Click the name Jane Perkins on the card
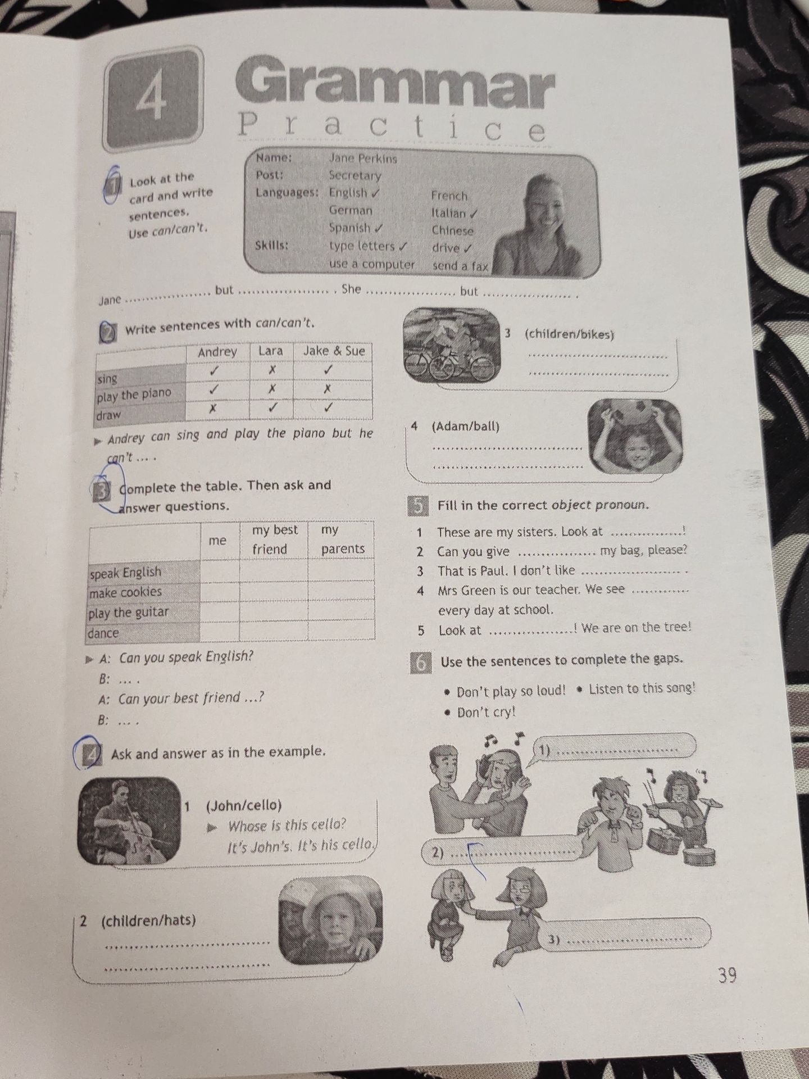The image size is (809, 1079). [362, 158]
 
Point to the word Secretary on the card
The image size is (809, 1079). [354, 175]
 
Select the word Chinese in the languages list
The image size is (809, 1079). [453, 230]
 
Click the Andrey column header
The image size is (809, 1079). [217, 352]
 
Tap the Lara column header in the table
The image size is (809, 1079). [270, 351]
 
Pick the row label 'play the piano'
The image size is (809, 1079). [134, 395]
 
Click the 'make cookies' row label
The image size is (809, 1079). [125, 592]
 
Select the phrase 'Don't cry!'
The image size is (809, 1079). [485, 713]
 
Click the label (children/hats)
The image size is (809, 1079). [148, 921]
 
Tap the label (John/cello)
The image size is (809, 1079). [243, 805]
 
